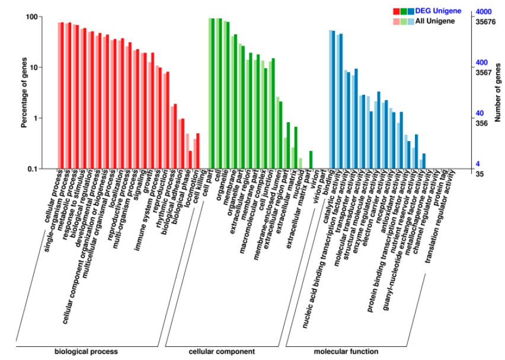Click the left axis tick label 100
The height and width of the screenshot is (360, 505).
(x=31, y=17)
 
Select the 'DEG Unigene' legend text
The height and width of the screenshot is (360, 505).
(x=438, y=11)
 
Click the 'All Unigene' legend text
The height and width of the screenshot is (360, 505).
(x=435, y=21)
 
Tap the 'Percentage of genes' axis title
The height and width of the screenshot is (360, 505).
(x=24, y=93)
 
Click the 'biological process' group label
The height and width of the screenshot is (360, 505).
(x=86, y=351)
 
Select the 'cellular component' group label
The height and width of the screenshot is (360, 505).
(x=213, y=351)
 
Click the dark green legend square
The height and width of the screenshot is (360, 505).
(x=404, y=11)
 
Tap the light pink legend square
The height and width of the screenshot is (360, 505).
(x=397, y=21)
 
